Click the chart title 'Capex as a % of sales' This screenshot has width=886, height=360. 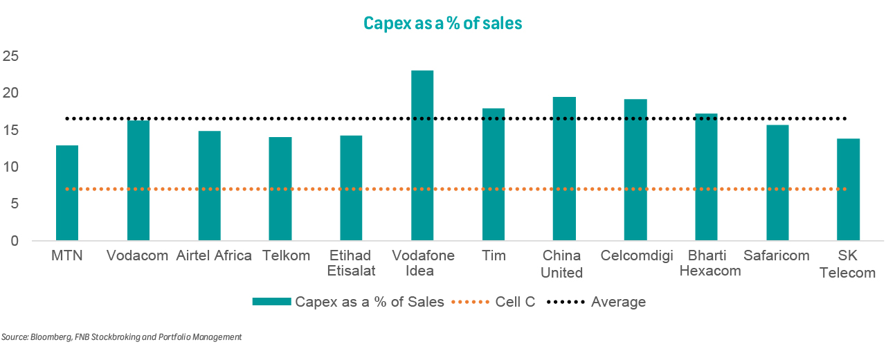(x=442, y=24)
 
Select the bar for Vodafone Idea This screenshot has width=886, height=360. (x=422, y=156)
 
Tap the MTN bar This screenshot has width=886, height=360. (x=67, y=193)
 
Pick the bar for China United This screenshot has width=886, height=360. (x=564, y=169)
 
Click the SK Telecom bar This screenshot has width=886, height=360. (x=849, y=190)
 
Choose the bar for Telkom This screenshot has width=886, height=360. (x=280, y=189)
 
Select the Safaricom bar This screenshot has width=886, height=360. (x=777, y=183)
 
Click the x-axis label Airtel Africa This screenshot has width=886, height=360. (x=214, y=255)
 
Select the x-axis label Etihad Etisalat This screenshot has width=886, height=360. (x=352, y=263)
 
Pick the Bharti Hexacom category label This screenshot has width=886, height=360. (x=710, y=263)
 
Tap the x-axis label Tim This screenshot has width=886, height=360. (x=494, y=255)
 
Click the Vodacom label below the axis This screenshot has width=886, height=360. (x=138, y=255)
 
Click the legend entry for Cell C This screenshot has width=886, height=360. (x=516, y=302)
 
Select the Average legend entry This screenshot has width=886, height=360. (x=618, y=302)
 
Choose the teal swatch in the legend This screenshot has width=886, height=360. (x=271, y=302)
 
